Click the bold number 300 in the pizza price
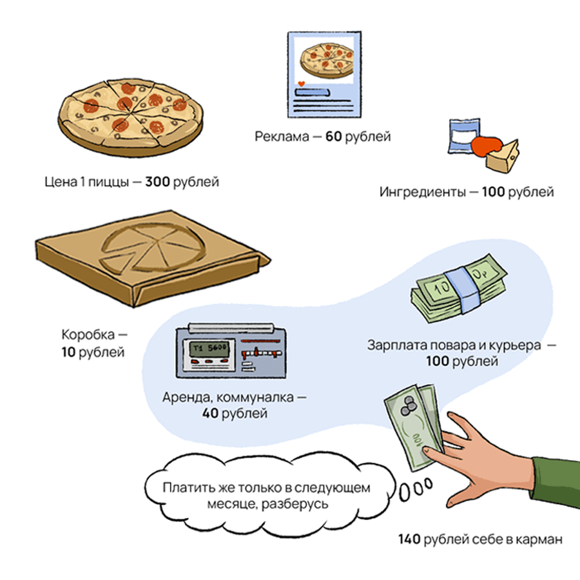click(157, 182)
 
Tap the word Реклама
click(278, 137)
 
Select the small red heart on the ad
click(300, 84)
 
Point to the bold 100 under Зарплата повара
click(437, 362)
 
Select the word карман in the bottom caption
click(541, 539)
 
